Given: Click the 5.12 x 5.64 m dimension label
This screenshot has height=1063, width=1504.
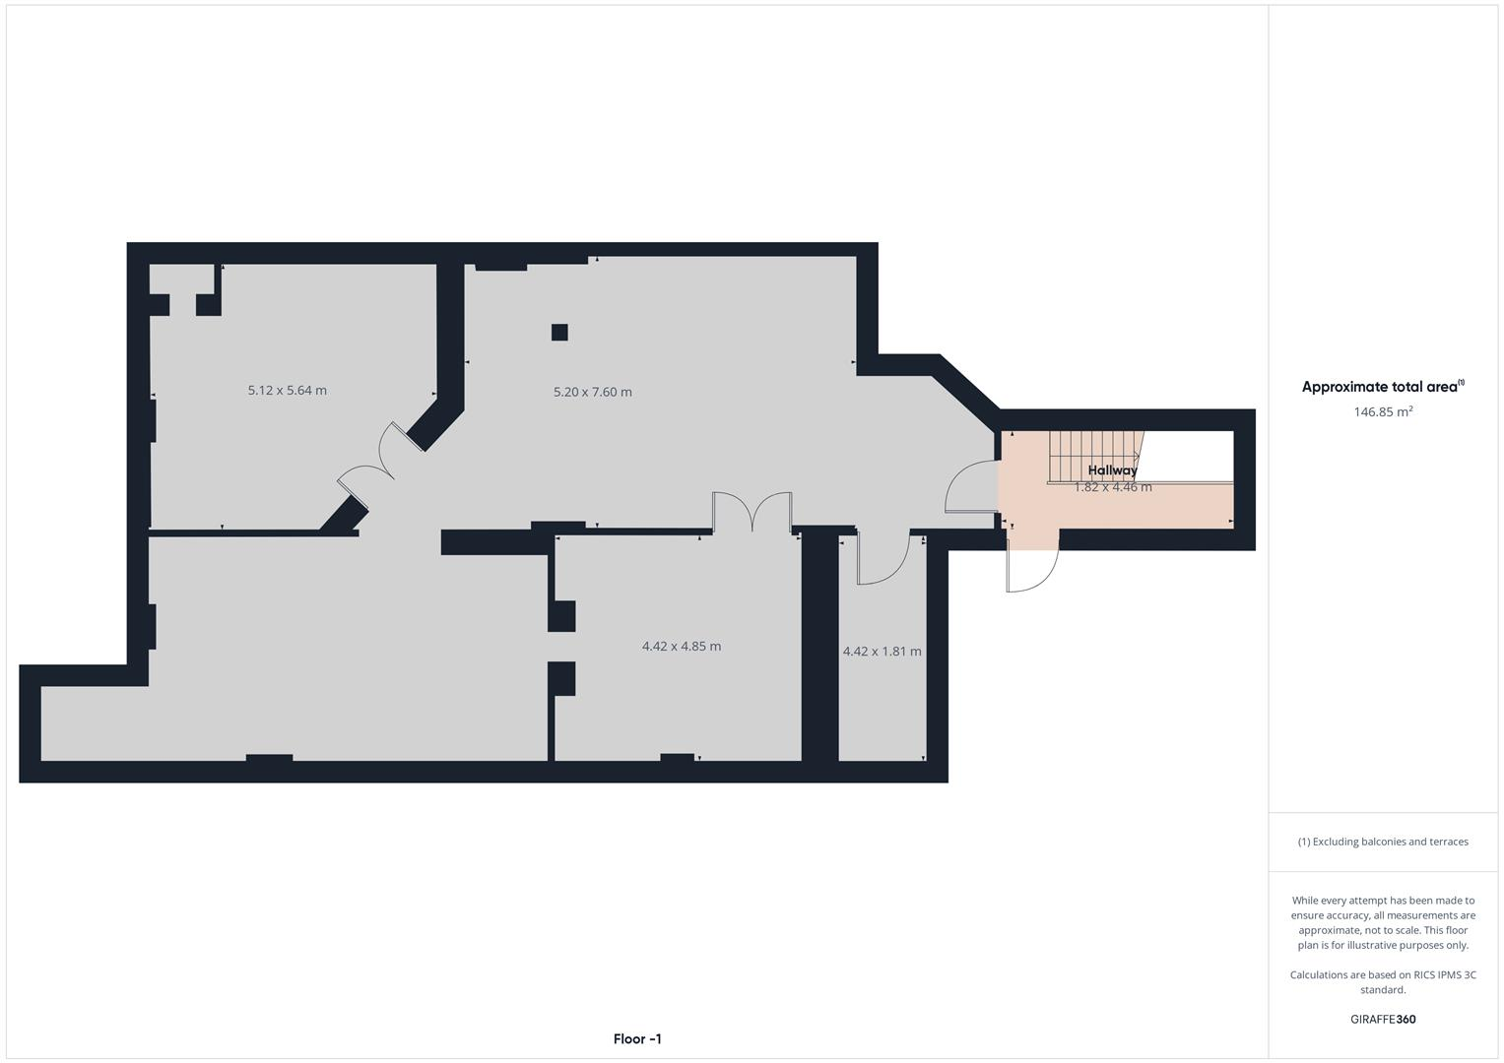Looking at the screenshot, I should (x=288, y=391).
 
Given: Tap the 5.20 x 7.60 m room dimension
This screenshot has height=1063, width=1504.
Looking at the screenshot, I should (x=593, y=392).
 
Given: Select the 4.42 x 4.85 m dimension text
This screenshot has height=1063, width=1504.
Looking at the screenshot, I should (x=682, y=647).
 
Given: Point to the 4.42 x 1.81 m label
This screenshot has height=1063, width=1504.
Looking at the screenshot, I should (x=883, y=652).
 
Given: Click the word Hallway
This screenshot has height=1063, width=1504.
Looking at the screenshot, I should (x=1112, y=470).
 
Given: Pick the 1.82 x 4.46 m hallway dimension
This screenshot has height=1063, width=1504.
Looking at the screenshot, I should (x=1113, y=487).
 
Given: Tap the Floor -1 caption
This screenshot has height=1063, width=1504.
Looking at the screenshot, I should (x=637, y=1039).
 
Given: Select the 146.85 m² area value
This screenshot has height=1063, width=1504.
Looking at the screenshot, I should (x=1383, y=412).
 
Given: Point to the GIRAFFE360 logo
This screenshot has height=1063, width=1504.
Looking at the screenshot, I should (x=1383, y=1020).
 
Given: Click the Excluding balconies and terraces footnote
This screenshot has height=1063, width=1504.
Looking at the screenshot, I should (x=1383, y=842).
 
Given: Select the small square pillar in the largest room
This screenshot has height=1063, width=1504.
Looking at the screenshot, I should (x=559, y=332).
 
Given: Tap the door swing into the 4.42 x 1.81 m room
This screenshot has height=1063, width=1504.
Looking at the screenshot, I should (x=882, y=559).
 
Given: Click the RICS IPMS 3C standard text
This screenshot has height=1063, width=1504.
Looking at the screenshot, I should (x=1383, y=982).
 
